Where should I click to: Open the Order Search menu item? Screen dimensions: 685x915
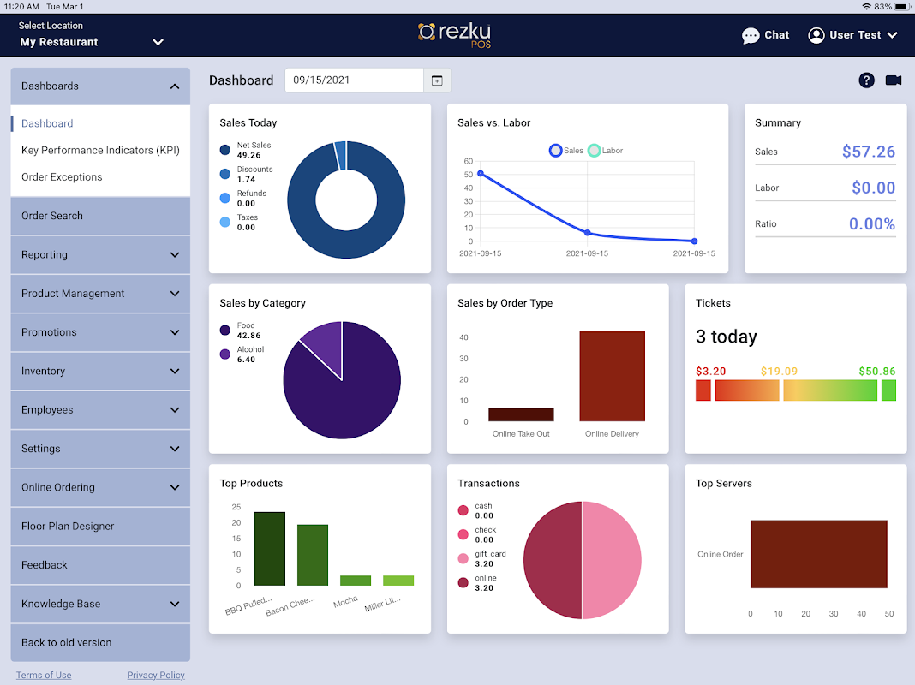[x=52, y=216]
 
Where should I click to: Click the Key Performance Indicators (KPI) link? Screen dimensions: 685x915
[x=100, y=150]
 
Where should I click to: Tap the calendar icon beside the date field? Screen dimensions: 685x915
[x=437, y=80]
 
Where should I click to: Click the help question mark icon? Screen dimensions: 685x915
[x=866, y=80]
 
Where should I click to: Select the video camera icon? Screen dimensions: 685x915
[x=894, y=80]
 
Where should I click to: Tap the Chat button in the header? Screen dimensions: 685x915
[x=765, y=35]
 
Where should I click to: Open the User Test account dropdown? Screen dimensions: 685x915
[x=853, y=35]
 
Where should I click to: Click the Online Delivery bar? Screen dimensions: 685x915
[x=612, y=376]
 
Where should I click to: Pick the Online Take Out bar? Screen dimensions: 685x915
[x=521, y=414]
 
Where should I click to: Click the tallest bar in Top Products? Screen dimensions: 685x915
[x=270, y=549]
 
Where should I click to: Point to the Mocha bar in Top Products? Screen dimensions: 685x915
[x=356, y=581]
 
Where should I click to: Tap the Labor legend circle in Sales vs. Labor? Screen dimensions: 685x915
[x=595, y=151]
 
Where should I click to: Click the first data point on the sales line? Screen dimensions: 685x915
[x=480, y=174]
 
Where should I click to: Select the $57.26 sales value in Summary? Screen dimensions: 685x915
[x=868, y=152]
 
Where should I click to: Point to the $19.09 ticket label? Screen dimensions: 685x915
[x=779, y=372]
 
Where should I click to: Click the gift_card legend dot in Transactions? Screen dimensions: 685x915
[x=463, y=558]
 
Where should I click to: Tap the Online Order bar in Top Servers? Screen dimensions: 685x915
[x=818, y=554]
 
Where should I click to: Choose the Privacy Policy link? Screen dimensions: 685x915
[x=156, y=675]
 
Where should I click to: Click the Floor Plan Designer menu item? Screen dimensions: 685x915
[x=68, y=526]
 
